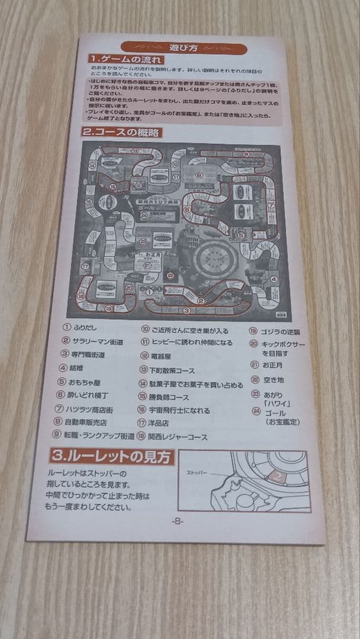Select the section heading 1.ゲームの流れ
coord(126,59)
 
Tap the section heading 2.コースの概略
coord(121,133)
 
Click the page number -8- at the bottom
coord(178,521)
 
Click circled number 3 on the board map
coord(187,311)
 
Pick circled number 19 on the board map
coord(108,308)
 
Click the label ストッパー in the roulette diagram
coord(200,474)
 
